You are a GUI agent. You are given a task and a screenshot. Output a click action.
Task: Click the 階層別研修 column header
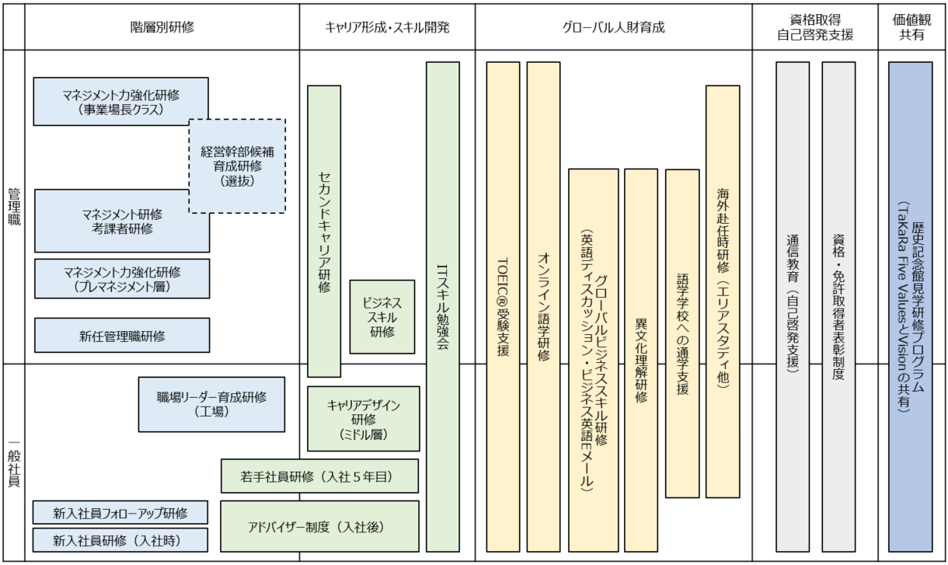tap(162, 27)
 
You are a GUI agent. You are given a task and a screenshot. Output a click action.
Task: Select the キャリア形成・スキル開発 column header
tap(387, 27)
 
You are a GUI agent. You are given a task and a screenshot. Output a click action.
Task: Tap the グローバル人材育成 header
tap(613, 27)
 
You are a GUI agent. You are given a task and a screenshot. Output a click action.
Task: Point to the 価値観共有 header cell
tap(914, 27)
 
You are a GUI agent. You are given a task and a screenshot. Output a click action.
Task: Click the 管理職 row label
tap(13, 207)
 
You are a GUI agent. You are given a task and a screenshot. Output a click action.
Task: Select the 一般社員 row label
tap(13, 462)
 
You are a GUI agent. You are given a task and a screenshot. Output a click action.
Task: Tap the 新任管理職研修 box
tap(121, 336)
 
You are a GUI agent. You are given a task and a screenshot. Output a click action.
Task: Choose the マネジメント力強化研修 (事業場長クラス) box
tap(121, 101)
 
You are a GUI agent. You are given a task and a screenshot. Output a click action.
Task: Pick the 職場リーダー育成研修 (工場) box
tap(211, 404)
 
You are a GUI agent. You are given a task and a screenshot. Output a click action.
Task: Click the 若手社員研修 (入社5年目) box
tap(319, 476)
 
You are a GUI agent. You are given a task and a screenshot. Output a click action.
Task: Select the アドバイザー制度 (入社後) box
tap(319, 526)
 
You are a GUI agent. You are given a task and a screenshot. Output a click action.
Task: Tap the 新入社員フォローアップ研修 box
tap(120, 513)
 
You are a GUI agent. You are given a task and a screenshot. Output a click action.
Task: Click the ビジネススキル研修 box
tap(382, 317)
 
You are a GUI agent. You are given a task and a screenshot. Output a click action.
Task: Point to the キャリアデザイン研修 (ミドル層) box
tap(363, 418)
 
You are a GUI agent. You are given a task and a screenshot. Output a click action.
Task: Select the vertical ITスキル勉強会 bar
tap(442, 307)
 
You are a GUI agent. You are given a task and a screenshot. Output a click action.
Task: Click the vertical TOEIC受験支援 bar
tap(503, 307)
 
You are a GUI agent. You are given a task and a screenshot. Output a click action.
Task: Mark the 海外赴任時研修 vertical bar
tap(723, 291)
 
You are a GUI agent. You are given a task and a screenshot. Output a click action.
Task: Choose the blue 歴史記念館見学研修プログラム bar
tap(910, 307)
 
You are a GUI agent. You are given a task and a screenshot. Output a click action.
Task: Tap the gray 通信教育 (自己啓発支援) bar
tap(792, 307)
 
